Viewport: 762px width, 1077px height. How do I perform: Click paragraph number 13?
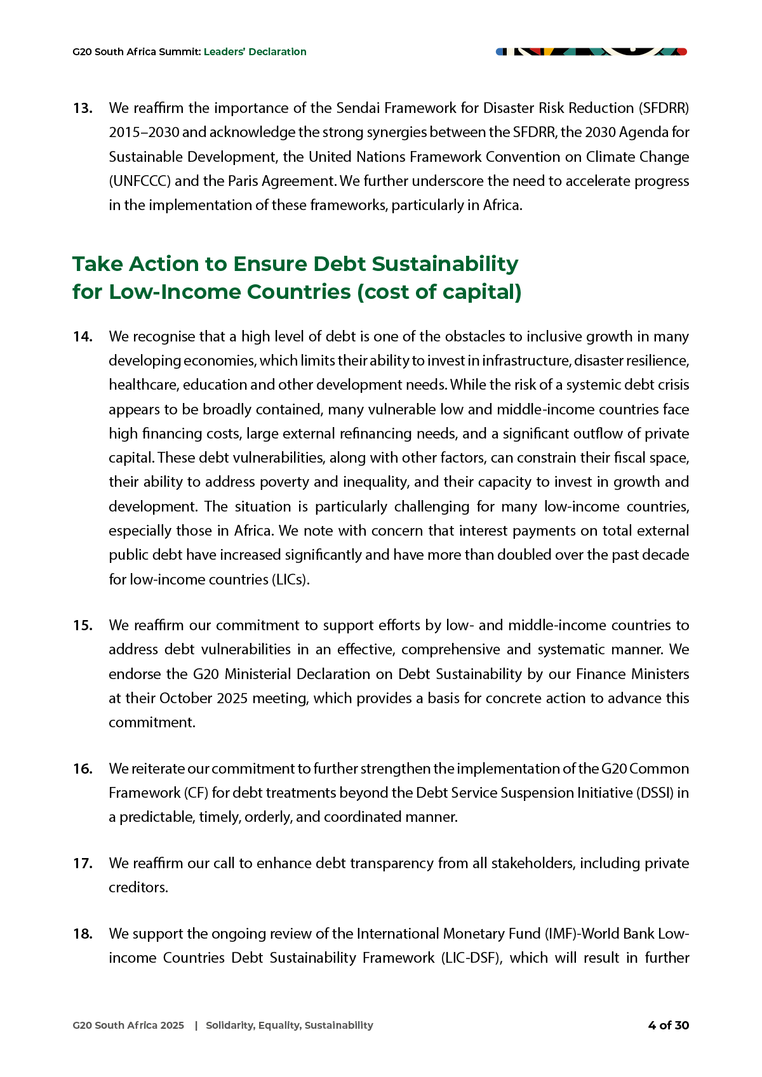click(83, 109)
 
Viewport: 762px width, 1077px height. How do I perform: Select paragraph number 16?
click(83, 769)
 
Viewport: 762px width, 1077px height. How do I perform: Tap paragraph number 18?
click(83, 934)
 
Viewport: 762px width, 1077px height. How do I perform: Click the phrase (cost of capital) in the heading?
click(439, 293)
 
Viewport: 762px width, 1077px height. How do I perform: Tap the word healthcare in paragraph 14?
click(144, 385)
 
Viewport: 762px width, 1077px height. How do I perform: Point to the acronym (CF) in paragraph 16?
click(196, 793)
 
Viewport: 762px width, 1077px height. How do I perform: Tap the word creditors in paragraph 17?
click(138, 888)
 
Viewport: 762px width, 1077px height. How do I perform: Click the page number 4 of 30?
click(668, 1026)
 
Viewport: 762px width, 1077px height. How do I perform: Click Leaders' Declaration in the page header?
click(255, 52)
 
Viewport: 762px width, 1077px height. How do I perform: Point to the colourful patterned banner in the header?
click(591, 51)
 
